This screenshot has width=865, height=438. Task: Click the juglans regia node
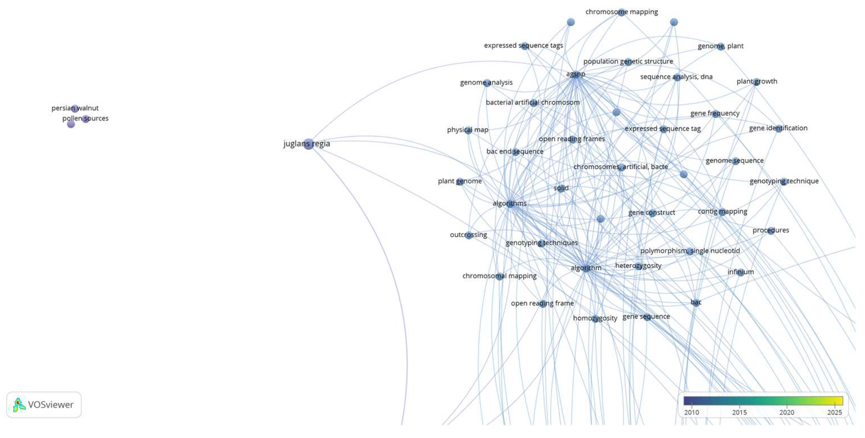click(308, 144)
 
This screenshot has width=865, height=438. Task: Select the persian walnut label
click(75, 108)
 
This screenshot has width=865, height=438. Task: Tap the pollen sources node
click(86, 119)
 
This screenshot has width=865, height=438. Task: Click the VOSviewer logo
click(44, 405)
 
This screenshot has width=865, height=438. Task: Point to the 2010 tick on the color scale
click(692, 406)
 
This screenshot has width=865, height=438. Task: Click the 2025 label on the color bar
click(835, 412)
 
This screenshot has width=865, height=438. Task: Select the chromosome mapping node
click(622, 12)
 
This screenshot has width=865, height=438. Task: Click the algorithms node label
click(509, 203)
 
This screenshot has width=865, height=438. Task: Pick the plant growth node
click(756, 82)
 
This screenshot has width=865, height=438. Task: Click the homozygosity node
click(595, 319)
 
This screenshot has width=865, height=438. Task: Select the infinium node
click(740, 272)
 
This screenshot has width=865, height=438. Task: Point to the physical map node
click(469, 130)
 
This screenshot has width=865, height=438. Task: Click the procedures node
click(771, 231)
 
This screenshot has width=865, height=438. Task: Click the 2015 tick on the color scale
click(739, 406)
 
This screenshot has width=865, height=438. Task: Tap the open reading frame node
click(543, 304)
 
